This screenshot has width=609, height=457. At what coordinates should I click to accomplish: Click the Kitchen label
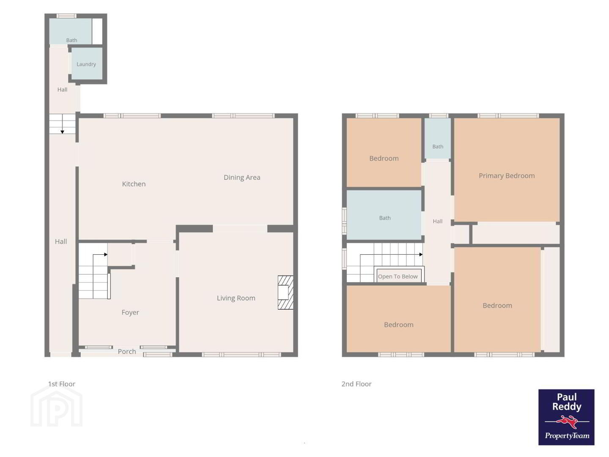pyautogui.click(x=134, y=184)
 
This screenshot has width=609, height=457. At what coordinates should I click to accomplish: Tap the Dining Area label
pyautogui.click(x=242, y=178)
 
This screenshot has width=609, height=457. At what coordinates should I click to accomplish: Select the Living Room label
pyautogui.click(x=236, y=298)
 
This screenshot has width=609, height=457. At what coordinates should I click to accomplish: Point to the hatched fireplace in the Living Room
pyautogui.click(x=285, y=292)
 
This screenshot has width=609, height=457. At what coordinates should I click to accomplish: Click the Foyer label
pyautogui.click(x=130, y=313)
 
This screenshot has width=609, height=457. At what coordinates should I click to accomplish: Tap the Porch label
pyautogui.click(x=127, y=352)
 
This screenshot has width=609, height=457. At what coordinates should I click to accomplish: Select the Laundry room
pyautogui.click(x=87, y=64)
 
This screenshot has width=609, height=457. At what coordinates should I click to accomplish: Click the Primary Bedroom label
pyautogui.click(x=507, y=176)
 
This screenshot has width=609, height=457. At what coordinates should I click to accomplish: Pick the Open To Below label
pyautogui.click(x=398, y=277)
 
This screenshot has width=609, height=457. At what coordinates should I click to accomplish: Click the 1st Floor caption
pyautogui.click(x=62, y=384)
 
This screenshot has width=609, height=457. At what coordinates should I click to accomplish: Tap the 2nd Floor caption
pyautogui.click(x=356, y=384)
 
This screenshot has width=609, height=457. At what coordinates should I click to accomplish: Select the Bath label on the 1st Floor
pyautogui.click(x=71, y=40)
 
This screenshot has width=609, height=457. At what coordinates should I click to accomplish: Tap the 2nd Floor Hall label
pyautogui.click(x=438, y=221)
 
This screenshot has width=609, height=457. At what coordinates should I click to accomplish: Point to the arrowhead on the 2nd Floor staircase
pyautogui.click(x=421, y=254)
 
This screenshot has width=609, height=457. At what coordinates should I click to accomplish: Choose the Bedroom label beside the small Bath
pyautogui.click(x=384, y=158)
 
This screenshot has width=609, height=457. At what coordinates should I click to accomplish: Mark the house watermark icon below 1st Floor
pyautogui.click(x=57, y=406)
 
